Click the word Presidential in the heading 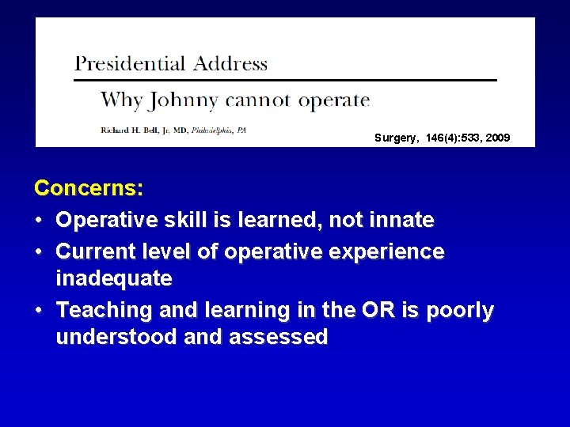pos(129,63)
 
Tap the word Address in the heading pos(229,63)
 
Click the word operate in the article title pos(332,101)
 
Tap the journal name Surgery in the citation pos(396,138)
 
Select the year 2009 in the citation pos(498,138)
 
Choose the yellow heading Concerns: pos(89,189)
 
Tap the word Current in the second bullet pos(94,252)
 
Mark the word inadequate pos(114,279)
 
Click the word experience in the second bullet pos(386,252)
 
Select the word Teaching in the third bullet pos(103,311)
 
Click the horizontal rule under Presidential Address pos(285,80)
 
